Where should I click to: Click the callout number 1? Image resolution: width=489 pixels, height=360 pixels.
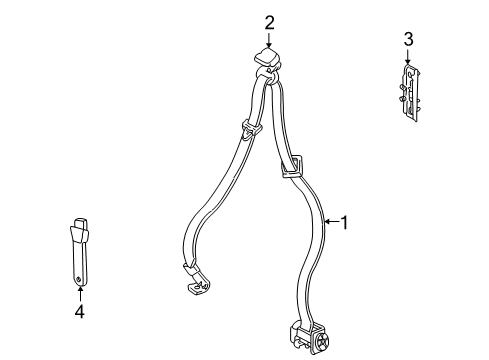coord(346,223)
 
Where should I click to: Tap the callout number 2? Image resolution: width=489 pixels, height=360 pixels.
coord(269,22)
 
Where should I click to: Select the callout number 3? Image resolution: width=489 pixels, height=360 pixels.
coord(407,39)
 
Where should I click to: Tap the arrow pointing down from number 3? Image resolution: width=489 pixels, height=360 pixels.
coord(407,56)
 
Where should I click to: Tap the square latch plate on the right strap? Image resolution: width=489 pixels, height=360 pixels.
coord(291,161)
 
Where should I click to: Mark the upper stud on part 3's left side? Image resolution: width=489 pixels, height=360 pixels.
coord(401,85)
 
